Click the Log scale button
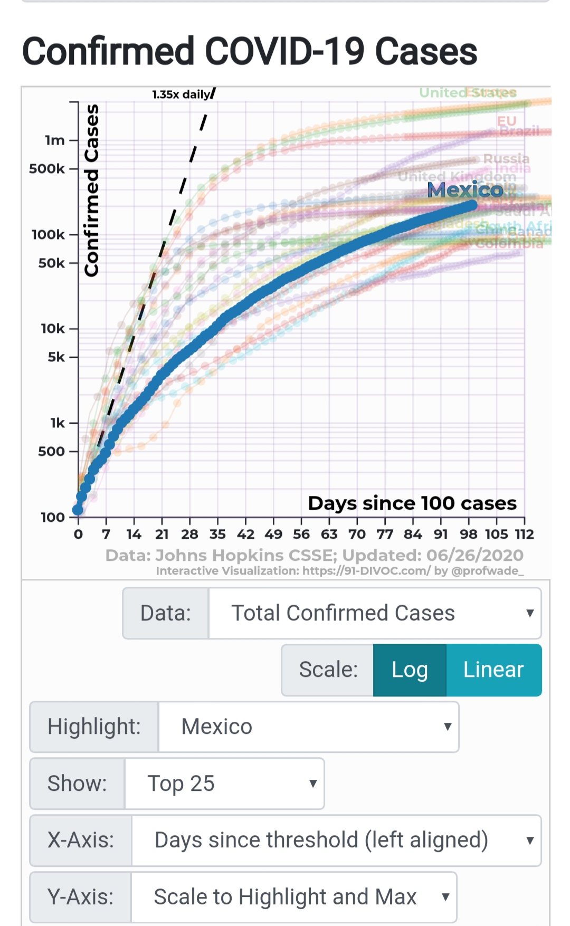410,670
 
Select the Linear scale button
493,670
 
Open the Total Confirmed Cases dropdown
375,613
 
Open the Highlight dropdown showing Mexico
308,727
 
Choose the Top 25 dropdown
224,784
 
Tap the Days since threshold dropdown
336,840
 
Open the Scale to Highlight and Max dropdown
293,897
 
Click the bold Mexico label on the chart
465,189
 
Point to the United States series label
468,93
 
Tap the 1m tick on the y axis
55,140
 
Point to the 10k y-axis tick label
53,329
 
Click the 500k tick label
47,169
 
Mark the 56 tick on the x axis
301,534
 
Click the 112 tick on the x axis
525,534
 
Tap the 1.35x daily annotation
181,94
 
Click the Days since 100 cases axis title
412,503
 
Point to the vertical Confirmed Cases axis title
92,190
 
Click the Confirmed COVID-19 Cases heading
250,51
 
